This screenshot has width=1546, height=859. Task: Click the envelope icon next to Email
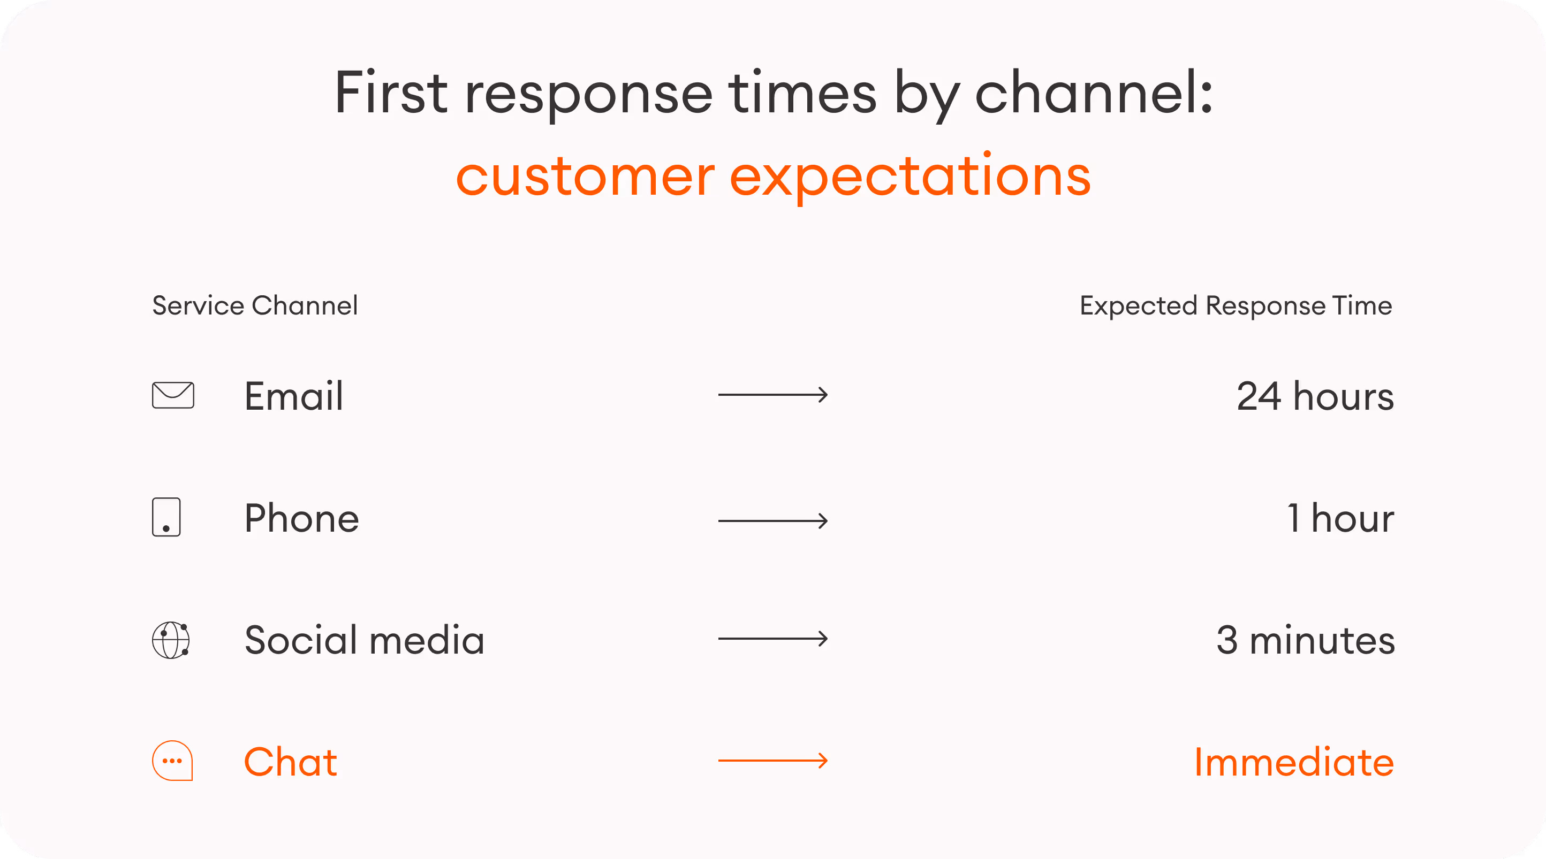pos(173,395)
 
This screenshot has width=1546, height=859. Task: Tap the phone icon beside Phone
pos(166,517)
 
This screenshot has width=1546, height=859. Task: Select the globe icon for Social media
pos(171,640)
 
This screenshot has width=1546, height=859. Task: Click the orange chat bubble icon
pos(172,761)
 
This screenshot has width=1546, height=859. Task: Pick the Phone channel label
pos(301,518)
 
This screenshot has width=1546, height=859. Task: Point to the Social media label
pos(365,640)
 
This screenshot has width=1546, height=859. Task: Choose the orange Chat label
pos(291,762)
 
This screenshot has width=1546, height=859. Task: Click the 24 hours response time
pos(1315,396)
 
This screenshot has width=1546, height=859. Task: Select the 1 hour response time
pos(1340,518)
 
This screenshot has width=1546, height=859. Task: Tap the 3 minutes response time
pos(1305,640)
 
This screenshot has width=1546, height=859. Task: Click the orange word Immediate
pos(1294,762)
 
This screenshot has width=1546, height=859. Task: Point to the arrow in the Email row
pos(773,395)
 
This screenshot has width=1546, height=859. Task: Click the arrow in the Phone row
pos(773,520)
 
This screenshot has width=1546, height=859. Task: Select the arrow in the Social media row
pos(773,639)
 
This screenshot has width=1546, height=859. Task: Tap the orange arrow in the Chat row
pos(773,761)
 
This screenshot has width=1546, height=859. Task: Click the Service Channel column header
pos(255,305)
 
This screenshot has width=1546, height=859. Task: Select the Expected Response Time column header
pos(1236,306)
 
